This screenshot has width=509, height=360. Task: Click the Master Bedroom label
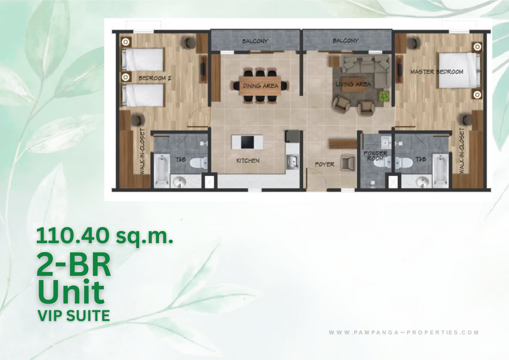pos(437,72)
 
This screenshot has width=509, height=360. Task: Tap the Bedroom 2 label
pos(155,78)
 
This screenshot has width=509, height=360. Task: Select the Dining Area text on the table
pos(261,86)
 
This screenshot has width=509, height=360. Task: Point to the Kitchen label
pos(248,161)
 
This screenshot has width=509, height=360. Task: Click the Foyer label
pos(325,165)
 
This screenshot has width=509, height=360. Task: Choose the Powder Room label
pos(375,156)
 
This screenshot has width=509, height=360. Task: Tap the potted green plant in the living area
pos(385,96)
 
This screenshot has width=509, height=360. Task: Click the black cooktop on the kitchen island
pos(247,142)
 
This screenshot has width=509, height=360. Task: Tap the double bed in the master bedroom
pos(459,70)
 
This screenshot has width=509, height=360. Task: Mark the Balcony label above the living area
pos(345,41)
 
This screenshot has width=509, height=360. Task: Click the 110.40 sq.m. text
pos(105,236)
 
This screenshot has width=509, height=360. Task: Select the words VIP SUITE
pos(74,316)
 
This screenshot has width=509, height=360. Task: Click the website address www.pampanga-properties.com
pos(404,332)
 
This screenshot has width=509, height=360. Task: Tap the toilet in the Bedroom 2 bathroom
pos(199,162)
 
